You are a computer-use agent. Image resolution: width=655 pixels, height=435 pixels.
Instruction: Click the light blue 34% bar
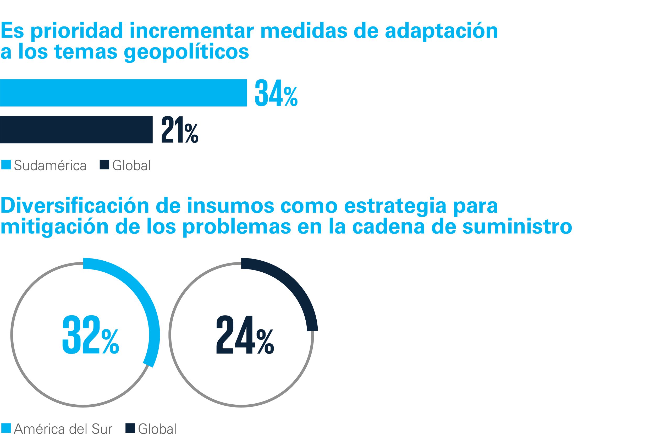123,93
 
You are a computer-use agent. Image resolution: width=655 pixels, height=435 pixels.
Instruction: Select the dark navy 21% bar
76,130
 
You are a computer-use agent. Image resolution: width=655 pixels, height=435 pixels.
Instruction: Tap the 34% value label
276,93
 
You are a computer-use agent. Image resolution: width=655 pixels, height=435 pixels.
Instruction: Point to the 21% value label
180,130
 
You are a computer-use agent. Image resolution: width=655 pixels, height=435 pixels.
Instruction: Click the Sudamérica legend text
50,166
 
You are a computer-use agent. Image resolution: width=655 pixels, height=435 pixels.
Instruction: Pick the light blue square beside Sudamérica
6,164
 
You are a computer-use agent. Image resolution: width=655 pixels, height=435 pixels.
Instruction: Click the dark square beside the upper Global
104,164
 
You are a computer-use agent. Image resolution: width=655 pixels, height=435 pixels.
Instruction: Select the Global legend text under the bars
131,166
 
